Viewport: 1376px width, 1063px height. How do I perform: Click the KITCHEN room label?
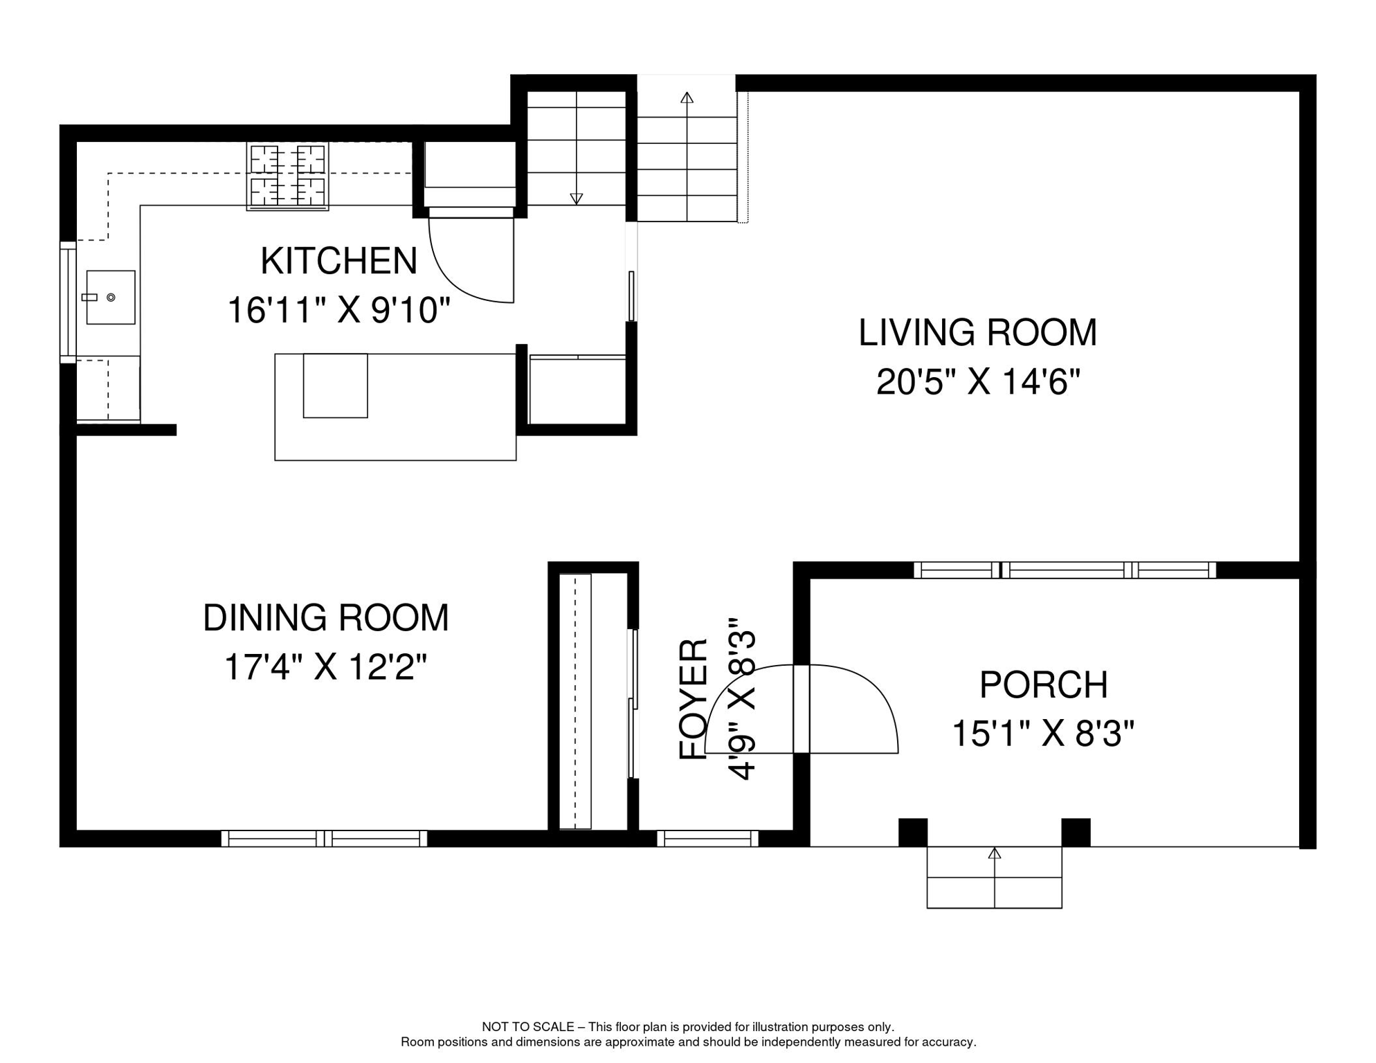(x=338, y=262)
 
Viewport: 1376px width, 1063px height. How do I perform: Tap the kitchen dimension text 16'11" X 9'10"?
(x=338, y=310)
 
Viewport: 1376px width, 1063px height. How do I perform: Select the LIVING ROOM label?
(x=977, y=333)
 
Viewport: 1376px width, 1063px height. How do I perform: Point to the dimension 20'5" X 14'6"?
(x=977, y=381)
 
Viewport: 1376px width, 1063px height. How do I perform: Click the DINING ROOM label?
(x=325, y=618)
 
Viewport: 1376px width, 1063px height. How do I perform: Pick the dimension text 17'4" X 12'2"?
(x=325, y=667)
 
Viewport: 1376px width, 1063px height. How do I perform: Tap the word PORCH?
(x=1043, y=685)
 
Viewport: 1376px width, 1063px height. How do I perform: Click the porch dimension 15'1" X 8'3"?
(x=1043, y=734)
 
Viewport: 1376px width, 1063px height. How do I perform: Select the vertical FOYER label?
(x=694, y=699)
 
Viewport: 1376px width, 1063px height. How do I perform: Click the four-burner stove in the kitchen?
(x=287, y=176)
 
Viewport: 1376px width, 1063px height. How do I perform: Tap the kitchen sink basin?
(x=111, y=298)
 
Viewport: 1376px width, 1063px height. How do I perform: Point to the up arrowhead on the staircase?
(x=687, y=98)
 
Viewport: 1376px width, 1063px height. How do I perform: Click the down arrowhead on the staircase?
(x=576, y=199)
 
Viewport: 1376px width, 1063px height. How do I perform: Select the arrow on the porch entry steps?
(x=995, y=853)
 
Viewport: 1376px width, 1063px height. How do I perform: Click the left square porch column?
(x=912, y=832)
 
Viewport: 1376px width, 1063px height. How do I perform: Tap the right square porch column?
(x=1076, y=832)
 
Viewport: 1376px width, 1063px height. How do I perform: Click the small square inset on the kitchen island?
(x=335, y=385)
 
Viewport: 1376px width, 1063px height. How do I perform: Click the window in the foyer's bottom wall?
(x=707, y=839)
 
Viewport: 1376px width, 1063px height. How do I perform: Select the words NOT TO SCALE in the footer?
(x=527, y=1027)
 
